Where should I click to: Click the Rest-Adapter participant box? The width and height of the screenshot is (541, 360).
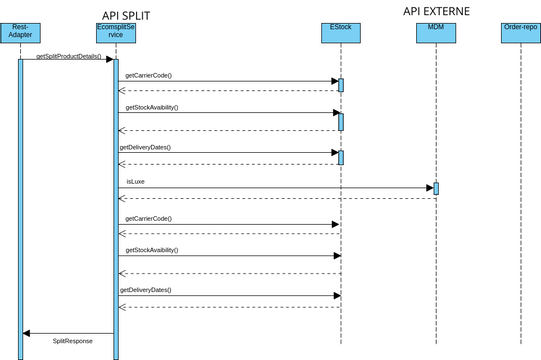20,33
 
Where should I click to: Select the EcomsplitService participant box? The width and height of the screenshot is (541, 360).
116,33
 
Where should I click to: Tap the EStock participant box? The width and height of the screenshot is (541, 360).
341,33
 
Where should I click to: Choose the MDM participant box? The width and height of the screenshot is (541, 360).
436,33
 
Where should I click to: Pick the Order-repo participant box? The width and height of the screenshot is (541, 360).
520,33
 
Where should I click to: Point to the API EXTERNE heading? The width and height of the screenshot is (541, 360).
436,11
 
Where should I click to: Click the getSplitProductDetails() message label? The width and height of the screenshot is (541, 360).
69,57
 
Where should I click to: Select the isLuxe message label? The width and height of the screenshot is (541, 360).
135,182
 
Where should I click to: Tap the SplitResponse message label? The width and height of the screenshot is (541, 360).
73,341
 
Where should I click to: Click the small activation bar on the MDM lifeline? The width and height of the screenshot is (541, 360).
436,188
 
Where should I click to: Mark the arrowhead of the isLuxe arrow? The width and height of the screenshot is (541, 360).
429,188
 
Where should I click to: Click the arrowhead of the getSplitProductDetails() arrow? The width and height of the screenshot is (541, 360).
109,60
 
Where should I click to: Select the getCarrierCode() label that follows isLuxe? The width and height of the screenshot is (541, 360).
148,218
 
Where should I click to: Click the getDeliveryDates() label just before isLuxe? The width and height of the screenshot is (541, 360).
145,147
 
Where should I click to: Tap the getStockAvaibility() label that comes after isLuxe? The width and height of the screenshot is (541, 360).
152,249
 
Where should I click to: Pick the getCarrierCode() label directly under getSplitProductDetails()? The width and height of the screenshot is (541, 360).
148,76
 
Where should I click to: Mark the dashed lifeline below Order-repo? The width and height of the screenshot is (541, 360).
520,200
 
